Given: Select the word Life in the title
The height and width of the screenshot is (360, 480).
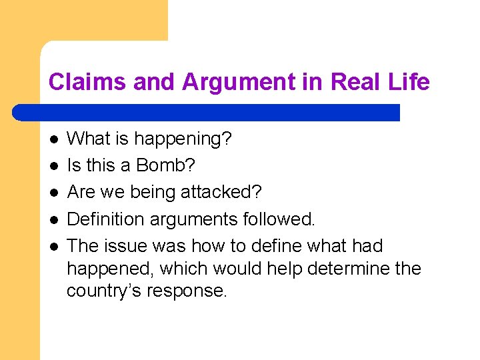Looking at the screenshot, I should pyautogui.click(x=408, y=82).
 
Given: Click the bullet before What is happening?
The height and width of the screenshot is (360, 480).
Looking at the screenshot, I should pyautogui.click(x=54, y=139).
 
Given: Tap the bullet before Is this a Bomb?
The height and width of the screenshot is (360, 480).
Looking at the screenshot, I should pyautogui.click(x=54, y=166).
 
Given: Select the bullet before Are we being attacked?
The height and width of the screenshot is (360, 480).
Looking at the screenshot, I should pyautogui.click(x=54, y=193).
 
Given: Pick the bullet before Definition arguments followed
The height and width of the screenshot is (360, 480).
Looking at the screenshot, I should pyautogui.click(x=54, y=219).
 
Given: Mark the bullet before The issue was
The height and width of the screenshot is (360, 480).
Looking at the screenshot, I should pyautogui.click(x=54, y=246).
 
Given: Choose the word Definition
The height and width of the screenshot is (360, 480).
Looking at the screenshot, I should pyautogui.click(x=105, y=219).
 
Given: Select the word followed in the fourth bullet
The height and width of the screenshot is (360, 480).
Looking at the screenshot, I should pyautogui.click(x=281, y=219).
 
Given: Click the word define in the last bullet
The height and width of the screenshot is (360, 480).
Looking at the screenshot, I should pyautogui.click(x=275, y=246).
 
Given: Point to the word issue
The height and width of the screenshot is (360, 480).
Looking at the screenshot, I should pyautogui.click(x=127, y=246).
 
